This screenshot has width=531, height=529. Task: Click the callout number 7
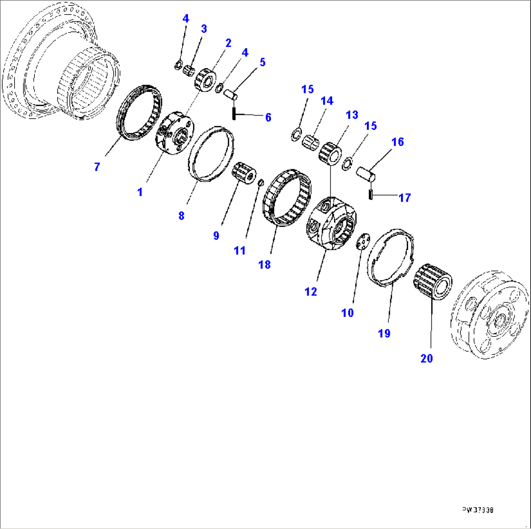coord(97,167)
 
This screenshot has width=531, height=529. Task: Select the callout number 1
coord(140,192)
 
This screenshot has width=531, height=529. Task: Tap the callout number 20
coord(426,359)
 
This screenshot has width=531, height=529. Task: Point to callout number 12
coord(310,292)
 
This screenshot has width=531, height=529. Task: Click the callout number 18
coord(265,264)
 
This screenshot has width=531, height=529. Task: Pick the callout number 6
coord(268,117)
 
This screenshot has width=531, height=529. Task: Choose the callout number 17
coord(404,198)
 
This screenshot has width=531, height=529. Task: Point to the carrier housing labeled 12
coord(331,224)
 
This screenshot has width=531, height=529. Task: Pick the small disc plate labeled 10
coord(362,242)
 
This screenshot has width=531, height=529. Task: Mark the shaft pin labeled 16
coord(365,173)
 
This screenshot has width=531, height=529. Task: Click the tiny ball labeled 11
coord(261,182)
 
